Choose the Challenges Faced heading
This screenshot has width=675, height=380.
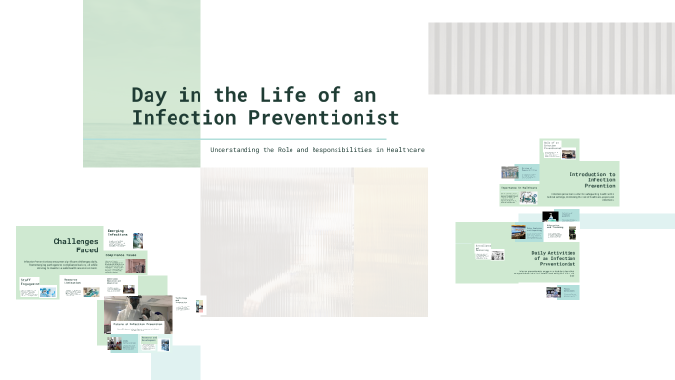click(76, 246)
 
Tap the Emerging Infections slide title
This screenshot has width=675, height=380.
click(117, 233)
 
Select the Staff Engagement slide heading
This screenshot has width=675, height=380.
click(30, 283)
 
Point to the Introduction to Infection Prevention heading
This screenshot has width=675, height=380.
click(592, 178)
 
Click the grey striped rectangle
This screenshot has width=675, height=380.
click(550, 59)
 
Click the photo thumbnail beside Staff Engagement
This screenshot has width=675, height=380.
click(48, 291)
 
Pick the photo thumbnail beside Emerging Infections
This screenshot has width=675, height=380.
click(138, 240)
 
